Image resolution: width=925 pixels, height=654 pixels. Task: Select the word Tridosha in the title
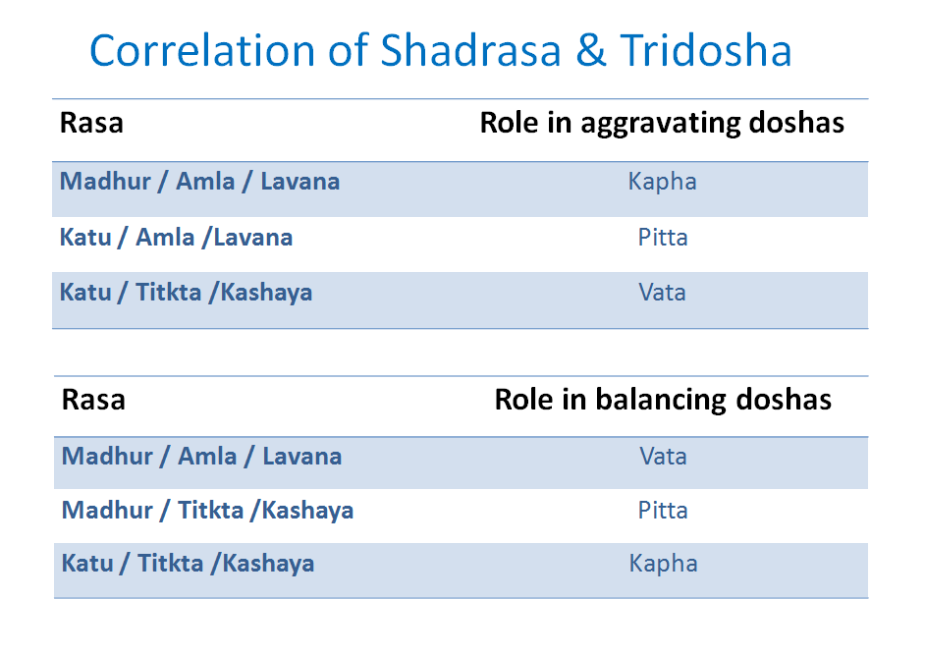705,51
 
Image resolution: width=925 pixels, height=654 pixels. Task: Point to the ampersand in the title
591,51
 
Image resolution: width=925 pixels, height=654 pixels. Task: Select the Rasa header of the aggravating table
91,125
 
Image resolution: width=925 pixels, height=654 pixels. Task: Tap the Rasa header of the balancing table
93,400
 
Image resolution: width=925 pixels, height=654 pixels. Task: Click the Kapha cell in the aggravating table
662,182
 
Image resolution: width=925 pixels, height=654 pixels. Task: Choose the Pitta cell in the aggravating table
662,238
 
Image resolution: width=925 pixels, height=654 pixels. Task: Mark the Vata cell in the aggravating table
662,293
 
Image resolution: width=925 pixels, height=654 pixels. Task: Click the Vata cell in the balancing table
663,457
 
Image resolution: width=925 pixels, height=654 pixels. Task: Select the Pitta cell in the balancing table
663,511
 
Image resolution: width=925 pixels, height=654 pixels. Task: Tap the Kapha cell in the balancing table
663,564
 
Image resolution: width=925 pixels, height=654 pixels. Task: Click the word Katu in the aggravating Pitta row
85,238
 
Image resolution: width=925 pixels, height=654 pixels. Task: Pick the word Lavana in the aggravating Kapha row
299,182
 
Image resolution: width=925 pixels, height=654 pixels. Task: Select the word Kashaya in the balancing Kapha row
268,564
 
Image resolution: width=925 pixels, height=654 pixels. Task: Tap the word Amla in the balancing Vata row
207,457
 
